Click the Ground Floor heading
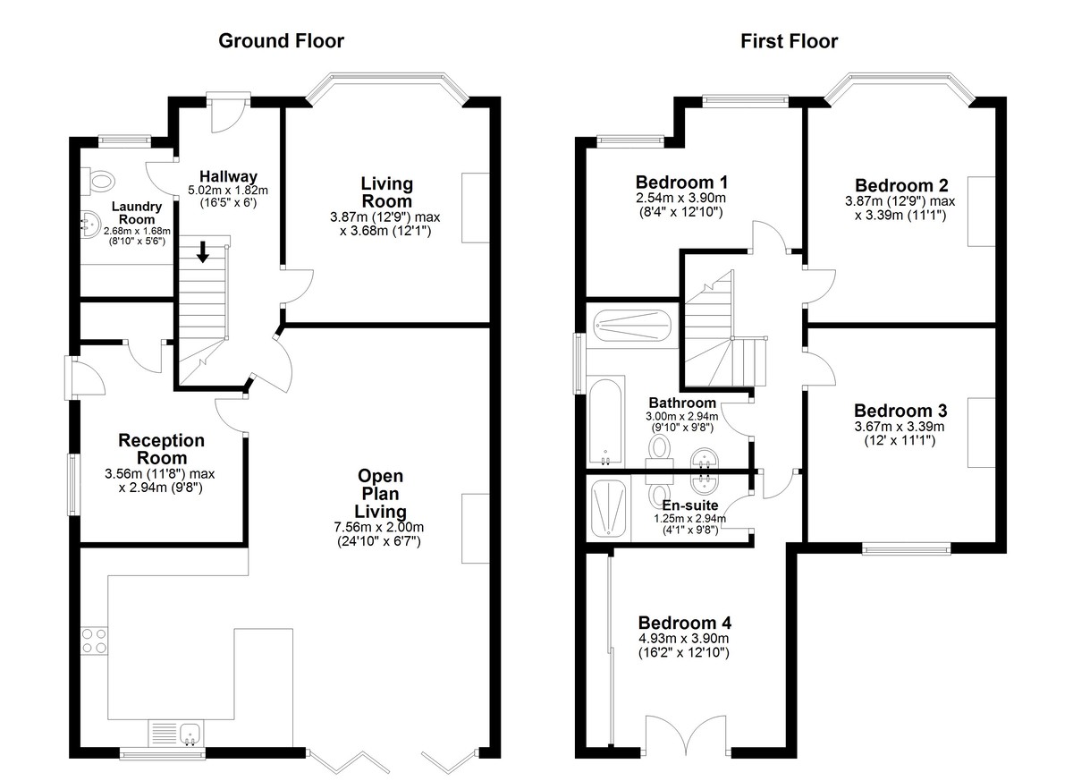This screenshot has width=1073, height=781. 281,42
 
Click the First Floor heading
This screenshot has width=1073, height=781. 789,42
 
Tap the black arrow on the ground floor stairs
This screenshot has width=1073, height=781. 203,251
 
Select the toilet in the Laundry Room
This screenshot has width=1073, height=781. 97,182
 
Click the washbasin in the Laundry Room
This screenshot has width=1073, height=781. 89,224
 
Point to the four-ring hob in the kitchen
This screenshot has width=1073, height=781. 94,641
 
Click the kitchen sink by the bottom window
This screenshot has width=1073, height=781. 190,734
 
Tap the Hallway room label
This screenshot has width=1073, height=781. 229,176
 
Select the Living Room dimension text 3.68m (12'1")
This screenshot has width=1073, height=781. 385,231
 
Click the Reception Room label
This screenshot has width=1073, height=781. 162,449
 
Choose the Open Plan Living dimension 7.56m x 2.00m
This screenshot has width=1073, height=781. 379,528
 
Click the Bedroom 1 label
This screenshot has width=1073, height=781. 681,183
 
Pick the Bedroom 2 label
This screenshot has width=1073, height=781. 901,185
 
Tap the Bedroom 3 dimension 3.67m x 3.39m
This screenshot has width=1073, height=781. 900,427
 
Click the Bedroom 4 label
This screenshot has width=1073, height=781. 685,623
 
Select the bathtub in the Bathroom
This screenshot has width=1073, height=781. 605,421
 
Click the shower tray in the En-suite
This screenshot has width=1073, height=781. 608,509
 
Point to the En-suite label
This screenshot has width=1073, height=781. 690,505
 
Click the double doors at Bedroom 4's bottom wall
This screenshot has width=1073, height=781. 688,735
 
